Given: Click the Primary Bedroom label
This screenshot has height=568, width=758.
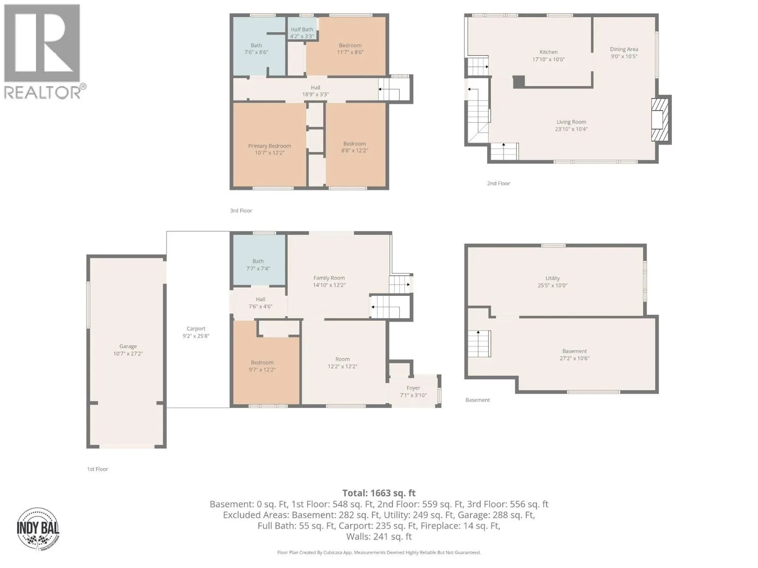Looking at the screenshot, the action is pyautogui.click(x=270, y=146).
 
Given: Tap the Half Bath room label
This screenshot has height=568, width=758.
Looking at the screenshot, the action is pyautogui.click(x=302, y=30).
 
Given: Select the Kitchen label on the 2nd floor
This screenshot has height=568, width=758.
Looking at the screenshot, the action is pyautogui.click(x=549, y=52).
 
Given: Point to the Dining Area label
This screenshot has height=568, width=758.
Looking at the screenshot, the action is pyautogui.click(x=623, y=49).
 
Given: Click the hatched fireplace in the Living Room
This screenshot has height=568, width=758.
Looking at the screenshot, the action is pyautogui.click(x=659, y=120).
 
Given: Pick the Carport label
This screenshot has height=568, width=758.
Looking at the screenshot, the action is pyautogui.click(x=196, y=328).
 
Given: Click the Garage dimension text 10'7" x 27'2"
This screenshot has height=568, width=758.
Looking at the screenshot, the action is pyautogui.click(x=128, y=354).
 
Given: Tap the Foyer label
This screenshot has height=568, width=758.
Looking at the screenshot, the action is pyautogui.click(x=413, y=388).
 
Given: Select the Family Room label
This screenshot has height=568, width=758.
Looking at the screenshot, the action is pyautogui.click(x=329, y=278).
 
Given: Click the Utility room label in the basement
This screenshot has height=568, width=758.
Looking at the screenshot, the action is pyautogui.click(x=552, y=278).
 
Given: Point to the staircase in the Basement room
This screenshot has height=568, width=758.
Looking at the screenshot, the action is pyautogui.click(x=479, y=344).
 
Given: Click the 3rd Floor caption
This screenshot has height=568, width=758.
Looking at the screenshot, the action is pyautogui.click(x=241, y=211).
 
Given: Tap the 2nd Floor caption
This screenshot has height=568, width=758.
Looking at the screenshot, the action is pyautogui.click(x=498, y=184).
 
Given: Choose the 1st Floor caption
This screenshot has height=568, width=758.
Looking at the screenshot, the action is pyautogui.click(x=98, y=469).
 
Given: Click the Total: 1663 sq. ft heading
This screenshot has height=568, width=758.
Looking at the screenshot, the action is pyautogui.click(x=379, y=493).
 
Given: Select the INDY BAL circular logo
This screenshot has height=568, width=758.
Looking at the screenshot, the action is pyautogui.click(x=38, y=529).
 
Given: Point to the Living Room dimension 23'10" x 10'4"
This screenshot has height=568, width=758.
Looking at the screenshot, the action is pyautogui.click(x=571, y=129).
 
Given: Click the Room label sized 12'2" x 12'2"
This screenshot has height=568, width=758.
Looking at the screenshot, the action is pyautogui.click(x=342, y=359).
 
